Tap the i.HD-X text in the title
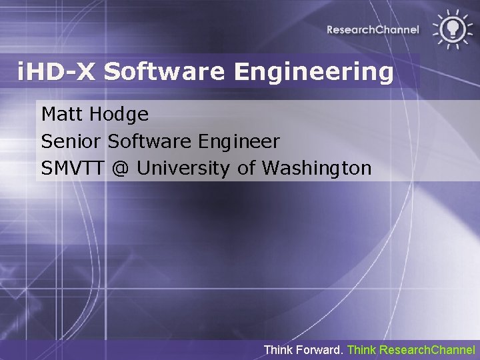click(57, 71)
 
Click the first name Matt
click(61, 114)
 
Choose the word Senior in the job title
click(71, 141)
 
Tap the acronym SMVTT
click(73, 169)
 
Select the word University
click(184, 169)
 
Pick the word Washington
click(316, 169)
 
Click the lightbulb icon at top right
click(453, 28)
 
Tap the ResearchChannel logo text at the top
click(373, 29)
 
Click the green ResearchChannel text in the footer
click(427, 349)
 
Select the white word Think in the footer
click(277, 349)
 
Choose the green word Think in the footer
click(362, 349)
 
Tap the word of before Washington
click(246, 169)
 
